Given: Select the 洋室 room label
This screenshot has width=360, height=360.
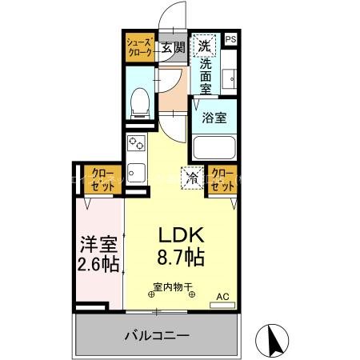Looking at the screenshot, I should tap(98, 242).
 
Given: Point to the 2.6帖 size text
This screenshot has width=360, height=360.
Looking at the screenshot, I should tap(99, 263).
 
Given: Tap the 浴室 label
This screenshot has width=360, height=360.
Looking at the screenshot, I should tap(214, 117).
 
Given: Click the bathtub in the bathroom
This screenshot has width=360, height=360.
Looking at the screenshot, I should tap(214, 146).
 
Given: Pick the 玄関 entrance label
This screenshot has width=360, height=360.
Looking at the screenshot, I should tap(172, 47).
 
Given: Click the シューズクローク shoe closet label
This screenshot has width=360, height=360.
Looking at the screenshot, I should tap(138, 47).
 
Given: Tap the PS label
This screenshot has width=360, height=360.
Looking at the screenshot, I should tap(230, 40).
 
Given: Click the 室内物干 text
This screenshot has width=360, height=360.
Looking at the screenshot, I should tap(171, 287).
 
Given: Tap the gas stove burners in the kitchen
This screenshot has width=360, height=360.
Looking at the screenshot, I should tap(134, 146).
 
